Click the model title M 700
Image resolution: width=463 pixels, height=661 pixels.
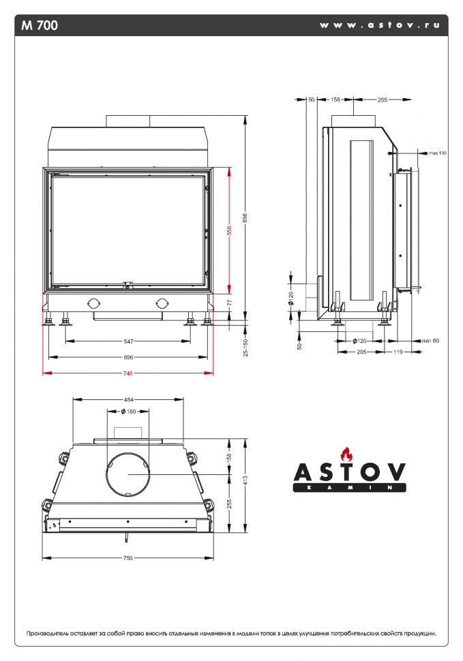point(40,26)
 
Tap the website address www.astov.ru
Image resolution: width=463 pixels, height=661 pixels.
point(379,25)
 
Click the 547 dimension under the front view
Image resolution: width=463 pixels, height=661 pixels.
point(128,341)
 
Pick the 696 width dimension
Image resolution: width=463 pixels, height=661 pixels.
point(128,356)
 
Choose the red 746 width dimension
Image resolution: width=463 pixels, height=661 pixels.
point(128,373)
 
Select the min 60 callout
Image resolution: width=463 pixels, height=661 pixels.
point(430,340)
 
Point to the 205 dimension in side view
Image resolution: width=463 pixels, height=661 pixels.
point(361,352)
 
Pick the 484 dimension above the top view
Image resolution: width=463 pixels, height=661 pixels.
point(128,399)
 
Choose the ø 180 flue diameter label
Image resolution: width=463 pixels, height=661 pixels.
point(128,411)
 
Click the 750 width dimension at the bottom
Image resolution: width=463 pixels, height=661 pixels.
point(128,558)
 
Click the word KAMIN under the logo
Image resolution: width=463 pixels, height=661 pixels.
point(349,488)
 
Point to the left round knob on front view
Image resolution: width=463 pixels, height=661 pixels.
point(93,303)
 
